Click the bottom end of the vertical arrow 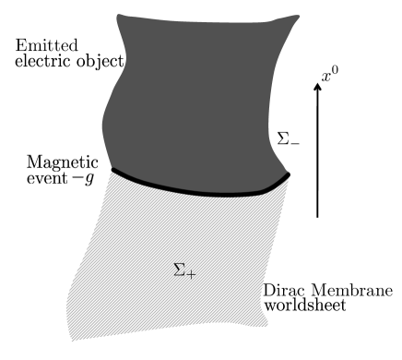[x=317, y=217]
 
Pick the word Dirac [x=283, y=290]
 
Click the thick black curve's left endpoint [x=112, y=169]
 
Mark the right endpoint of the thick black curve [x=288, y=174]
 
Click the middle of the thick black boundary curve [x=198, y=189]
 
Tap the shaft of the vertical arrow [x=317, y=152]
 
